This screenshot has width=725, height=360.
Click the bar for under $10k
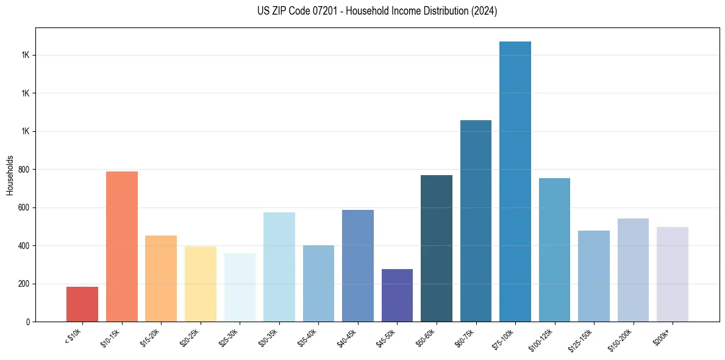[x=82, y=304]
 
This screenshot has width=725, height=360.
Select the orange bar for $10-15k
[x=122, y=247]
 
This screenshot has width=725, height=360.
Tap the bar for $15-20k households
[x=161, y=278]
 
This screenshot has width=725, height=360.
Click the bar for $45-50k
[x=397, y=295]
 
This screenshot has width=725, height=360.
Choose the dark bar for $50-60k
[x=437, y=248]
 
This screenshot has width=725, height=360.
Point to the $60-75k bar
[x=476, y=221]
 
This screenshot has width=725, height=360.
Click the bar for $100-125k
[x=554, y=250]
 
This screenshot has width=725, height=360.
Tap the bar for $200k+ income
[x=673, y=274]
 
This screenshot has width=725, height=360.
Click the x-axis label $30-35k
[x=268, y=339]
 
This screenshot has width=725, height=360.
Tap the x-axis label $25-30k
[x=229, y=339]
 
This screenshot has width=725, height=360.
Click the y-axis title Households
[x=10, y=175]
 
